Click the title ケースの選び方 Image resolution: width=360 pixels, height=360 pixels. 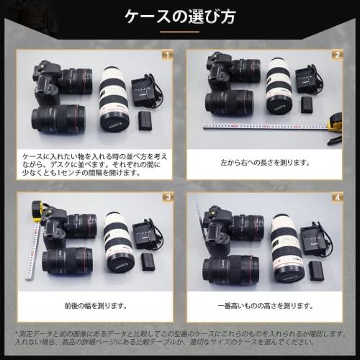(x=179, y=15)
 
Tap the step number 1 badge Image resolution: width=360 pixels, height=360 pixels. (x=166, y=55)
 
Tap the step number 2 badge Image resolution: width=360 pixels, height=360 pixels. (x=336, y=55)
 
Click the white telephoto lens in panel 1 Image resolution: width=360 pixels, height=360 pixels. (x=114, y=97)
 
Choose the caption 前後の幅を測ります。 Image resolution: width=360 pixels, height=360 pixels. (x=95, y=305)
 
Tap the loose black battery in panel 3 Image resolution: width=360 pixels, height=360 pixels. (x=148, y=261)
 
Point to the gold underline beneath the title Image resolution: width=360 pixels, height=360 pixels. (x=179, y=32)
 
